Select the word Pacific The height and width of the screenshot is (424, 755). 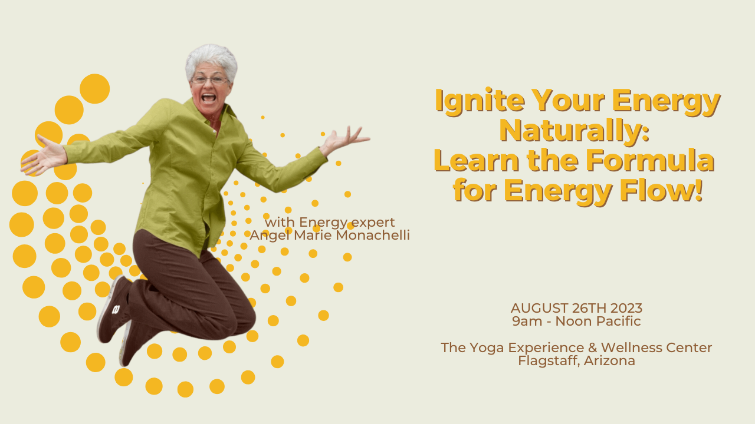(x=618, y=322)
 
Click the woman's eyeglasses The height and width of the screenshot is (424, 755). (x=209, y=79)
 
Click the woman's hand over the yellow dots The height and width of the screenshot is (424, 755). (x=42, y=158)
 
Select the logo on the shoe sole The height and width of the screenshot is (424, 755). (x=116, y=309)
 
